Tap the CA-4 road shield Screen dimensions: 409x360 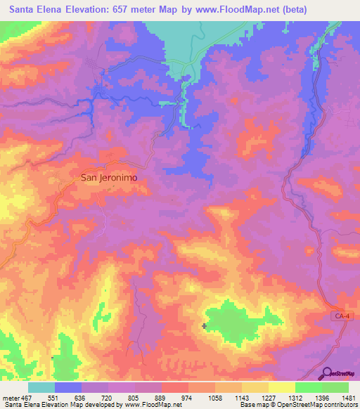click(x=340, y=318)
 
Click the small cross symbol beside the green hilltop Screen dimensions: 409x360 click(x=204, y=325)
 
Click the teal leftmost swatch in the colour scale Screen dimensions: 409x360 click(x=41, y=387)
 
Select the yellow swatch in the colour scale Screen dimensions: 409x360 click(x=281, y=387)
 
